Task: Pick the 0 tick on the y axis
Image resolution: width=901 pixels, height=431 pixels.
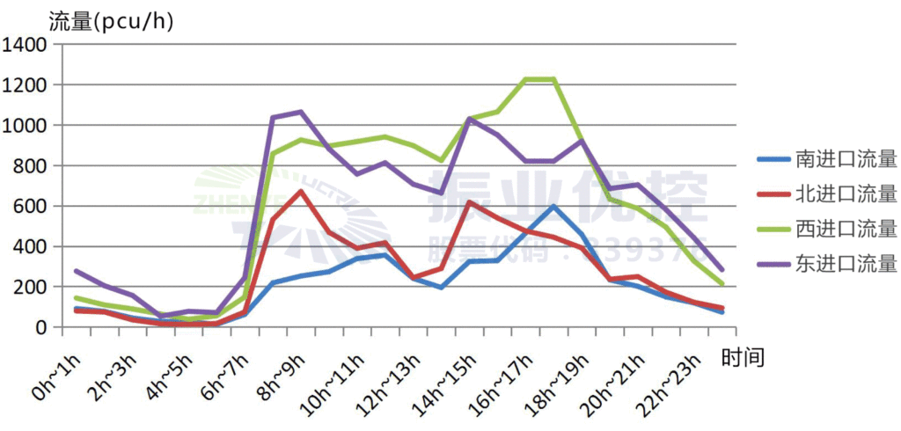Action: [x=47, y=327]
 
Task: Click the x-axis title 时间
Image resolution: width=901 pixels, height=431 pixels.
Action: [x=742, y=357]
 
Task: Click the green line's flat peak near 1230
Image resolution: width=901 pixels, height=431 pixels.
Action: [x=539, y=80]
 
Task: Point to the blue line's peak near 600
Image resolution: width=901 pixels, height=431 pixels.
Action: [x=553, y=207]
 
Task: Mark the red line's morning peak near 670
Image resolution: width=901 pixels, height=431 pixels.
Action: [x=301, y=192]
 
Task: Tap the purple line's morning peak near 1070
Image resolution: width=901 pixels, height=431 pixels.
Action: [x=301, y=112]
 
